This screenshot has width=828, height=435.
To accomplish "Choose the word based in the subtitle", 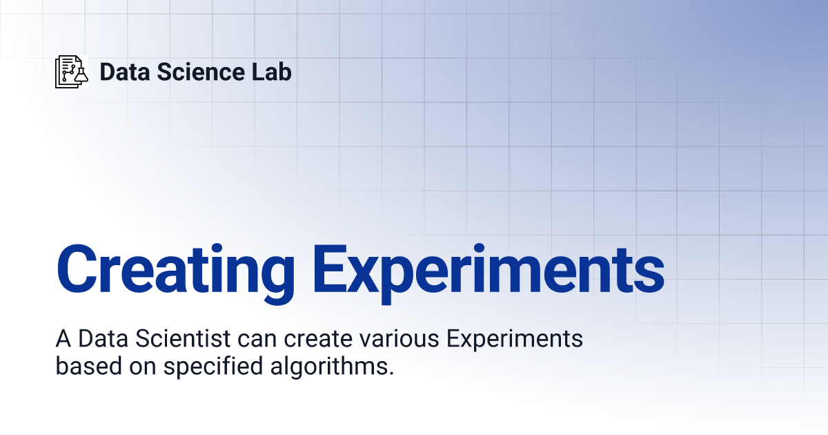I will click(79, 367).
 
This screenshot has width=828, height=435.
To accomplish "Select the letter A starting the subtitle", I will click(63, 340).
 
